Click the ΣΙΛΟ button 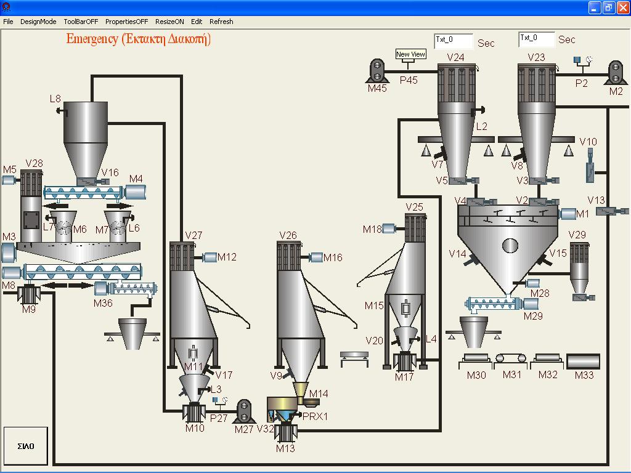click(26, 446)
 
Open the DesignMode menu click(38, 22)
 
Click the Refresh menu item click(221, 22)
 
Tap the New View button click(410, 55)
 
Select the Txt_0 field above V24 click(454, 41)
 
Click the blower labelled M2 click(615, 72)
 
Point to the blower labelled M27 click(244, 411)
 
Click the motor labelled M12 click(209, 257)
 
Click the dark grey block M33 click(583, 362)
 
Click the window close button click(622, 7)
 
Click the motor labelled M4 click(136, 192)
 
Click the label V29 click(577, 235)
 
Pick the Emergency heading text click(139, 39)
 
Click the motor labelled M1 click(568, 214)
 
